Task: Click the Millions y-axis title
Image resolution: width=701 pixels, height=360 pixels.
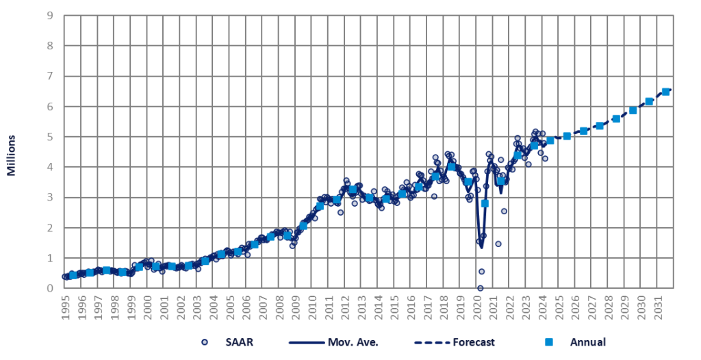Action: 12,155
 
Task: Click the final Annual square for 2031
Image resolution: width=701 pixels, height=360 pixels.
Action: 665,92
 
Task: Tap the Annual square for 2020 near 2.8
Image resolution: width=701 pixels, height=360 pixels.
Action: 485,203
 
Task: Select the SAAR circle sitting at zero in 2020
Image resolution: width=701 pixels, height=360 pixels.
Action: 480,288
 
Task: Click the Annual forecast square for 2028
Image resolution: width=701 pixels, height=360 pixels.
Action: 616,118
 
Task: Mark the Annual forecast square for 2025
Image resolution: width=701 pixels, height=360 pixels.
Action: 567,136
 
